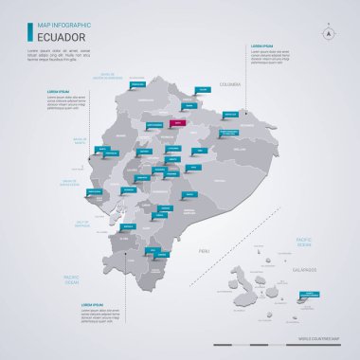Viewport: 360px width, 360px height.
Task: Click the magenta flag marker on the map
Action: pos(176,122)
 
